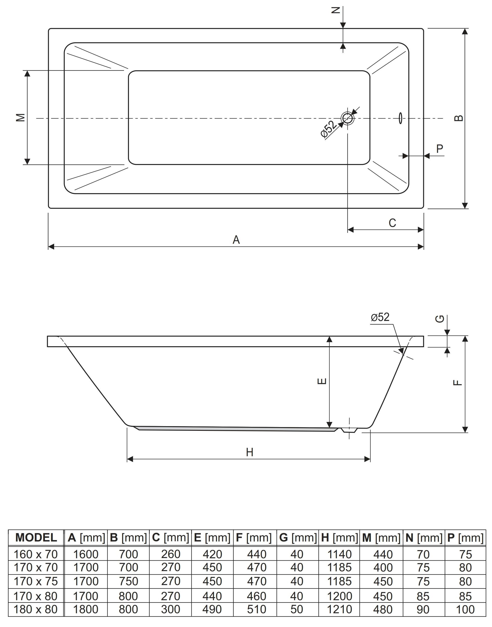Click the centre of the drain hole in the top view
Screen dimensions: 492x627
coord(348,118)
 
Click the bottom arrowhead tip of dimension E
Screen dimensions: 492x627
coord(329,428)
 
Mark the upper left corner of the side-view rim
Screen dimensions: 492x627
coord(48,336)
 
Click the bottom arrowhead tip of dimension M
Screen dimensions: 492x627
coord(27,165)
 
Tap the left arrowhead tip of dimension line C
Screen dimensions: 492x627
coord(348,230)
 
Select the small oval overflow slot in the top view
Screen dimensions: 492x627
coord(400,118)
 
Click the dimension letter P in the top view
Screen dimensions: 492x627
coord(440,149)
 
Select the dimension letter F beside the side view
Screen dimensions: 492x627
coord(458,383)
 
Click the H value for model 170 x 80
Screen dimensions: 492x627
coord(339,596)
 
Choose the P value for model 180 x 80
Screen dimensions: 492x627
coord(465,610)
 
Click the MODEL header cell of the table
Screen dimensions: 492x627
coord(36,538)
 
